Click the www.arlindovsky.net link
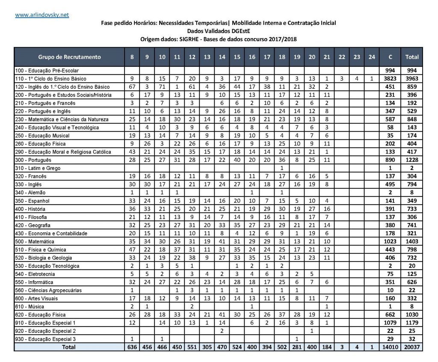tap(42, 15)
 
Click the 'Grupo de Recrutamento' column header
tap(69, 57)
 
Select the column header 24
tap(372, 57)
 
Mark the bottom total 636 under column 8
tap(132, 347)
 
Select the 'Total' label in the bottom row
tap(69, 347)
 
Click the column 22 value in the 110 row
tap(342, 79)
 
